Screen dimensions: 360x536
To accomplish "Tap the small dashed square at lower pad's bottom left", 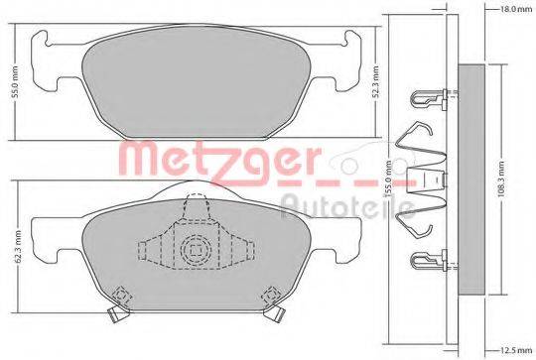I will coord(121,296).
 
